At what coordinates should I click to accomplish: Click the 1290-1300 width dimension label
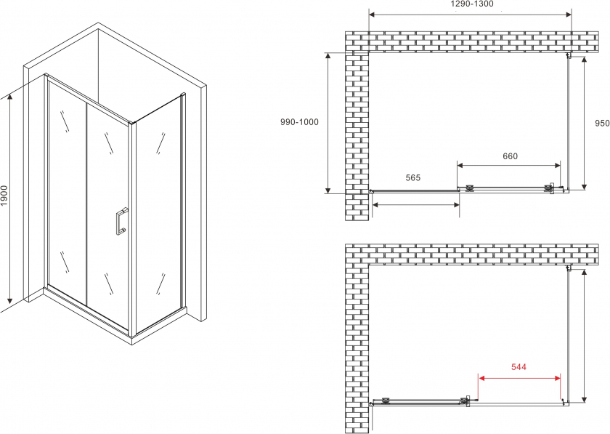472,4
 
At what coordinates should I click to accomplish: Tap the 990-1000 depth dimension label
299,122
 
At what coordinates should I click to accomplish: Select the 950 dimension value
602,123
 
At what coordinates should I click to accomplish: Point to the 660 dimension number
510,156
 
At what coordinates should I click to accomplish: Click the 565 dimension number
412,177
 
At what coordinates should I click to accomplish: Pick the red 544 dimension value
518,367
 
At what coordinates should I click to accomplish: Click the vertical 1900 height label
4,196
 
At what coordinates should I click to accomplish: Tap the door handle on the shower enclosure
121,221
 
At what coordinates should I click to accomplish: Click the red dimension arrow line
519,378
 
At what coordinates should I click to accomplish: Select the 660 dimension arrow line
509,165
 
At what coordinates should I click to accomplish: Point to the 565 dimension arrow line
416,204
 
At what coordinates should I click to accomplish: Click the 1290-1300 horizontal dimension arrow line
470,15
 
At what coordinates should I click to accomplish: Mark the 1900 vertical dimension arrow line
10,198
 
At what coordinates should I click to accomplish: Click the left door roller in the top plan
470,188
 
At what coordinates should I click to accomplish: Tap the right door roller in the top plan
549,188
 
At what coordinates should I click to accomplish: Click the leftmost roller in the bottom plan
386,400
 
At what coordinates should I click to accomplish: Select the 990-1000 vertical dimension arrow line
328,123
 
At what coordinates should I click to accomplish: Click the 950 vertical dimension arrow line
584,123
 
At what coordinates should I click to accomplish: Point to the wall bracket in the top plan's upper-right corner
569,55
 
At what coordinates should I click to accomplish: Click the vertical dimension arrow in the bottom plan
584,335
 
